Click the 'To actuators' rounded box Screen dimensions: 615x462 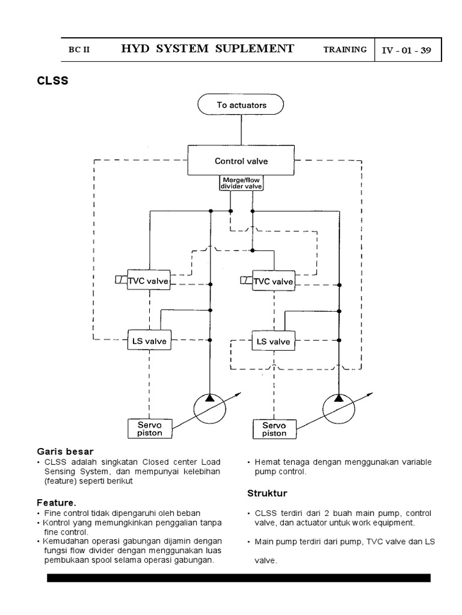(x=241, y=105)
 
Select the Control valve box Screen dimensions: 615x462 (x=241, y=160)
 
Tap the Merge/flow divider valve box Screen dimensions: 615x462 (x=241, y=183)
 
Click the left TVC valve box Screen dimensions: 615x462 (x=148, y=281)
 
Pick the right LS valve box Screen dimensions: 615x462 (x=273, y=341)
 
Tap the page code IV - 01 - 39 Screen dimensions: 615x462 (x=407, y=50)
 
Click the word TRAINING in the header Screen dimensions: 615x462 (x=345, y=50)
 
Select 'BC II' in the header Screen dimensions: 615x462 (x=79, y=50)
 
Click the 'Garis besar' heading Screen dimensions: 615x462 (x=64, y=450)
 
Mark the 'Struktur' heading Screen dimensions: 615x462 (x=268, y=493)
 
